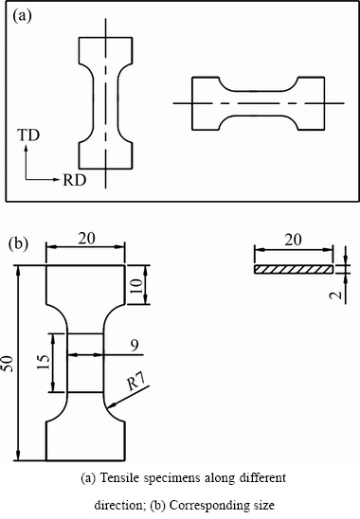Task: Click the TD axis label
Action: coord(28,135)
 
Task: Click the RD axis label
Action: coord(75,180)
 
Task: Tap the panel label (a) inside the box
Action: coord(22,15)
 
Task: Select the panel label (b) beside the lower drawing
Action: coord(18,243)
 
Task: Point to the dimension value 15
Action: coord(44,362)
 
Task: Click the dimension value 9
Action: coord(135,346)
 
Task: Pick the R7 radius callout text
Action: coord(136,382)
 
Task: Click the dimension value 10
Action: coord(136,285)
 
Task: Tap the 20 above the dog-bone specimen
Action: coord(86,239)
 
